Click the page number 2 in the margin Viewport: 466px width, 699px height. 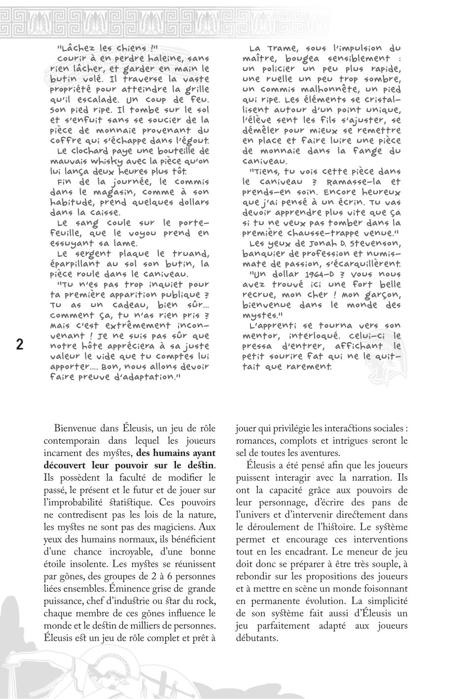pos(20,345)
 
